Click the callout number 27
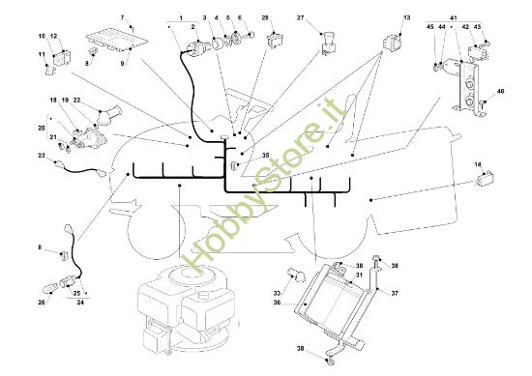[x=300, y=17]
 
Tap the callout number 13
[x=407, y=17]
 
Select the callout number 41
[x=454, y=17]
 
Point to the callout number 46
[x=500, y=91]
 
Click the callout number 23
[x=42, y=156]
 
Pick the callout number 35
[x=266, y=156]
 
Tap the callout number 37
[x=395, y=293]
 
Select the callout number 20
[x=42, y=128]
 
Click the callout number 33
[x=278, y=293]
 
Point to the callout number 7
[x=123, y=17]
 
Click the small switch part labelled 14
[x=486, y=179]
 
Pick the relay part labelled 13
[x=391, y=43]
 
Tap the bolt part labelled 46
[x=483, y=103]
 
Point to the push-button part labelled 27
[x=329, y=43]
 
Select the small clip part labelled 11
[x=49, y=70]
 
